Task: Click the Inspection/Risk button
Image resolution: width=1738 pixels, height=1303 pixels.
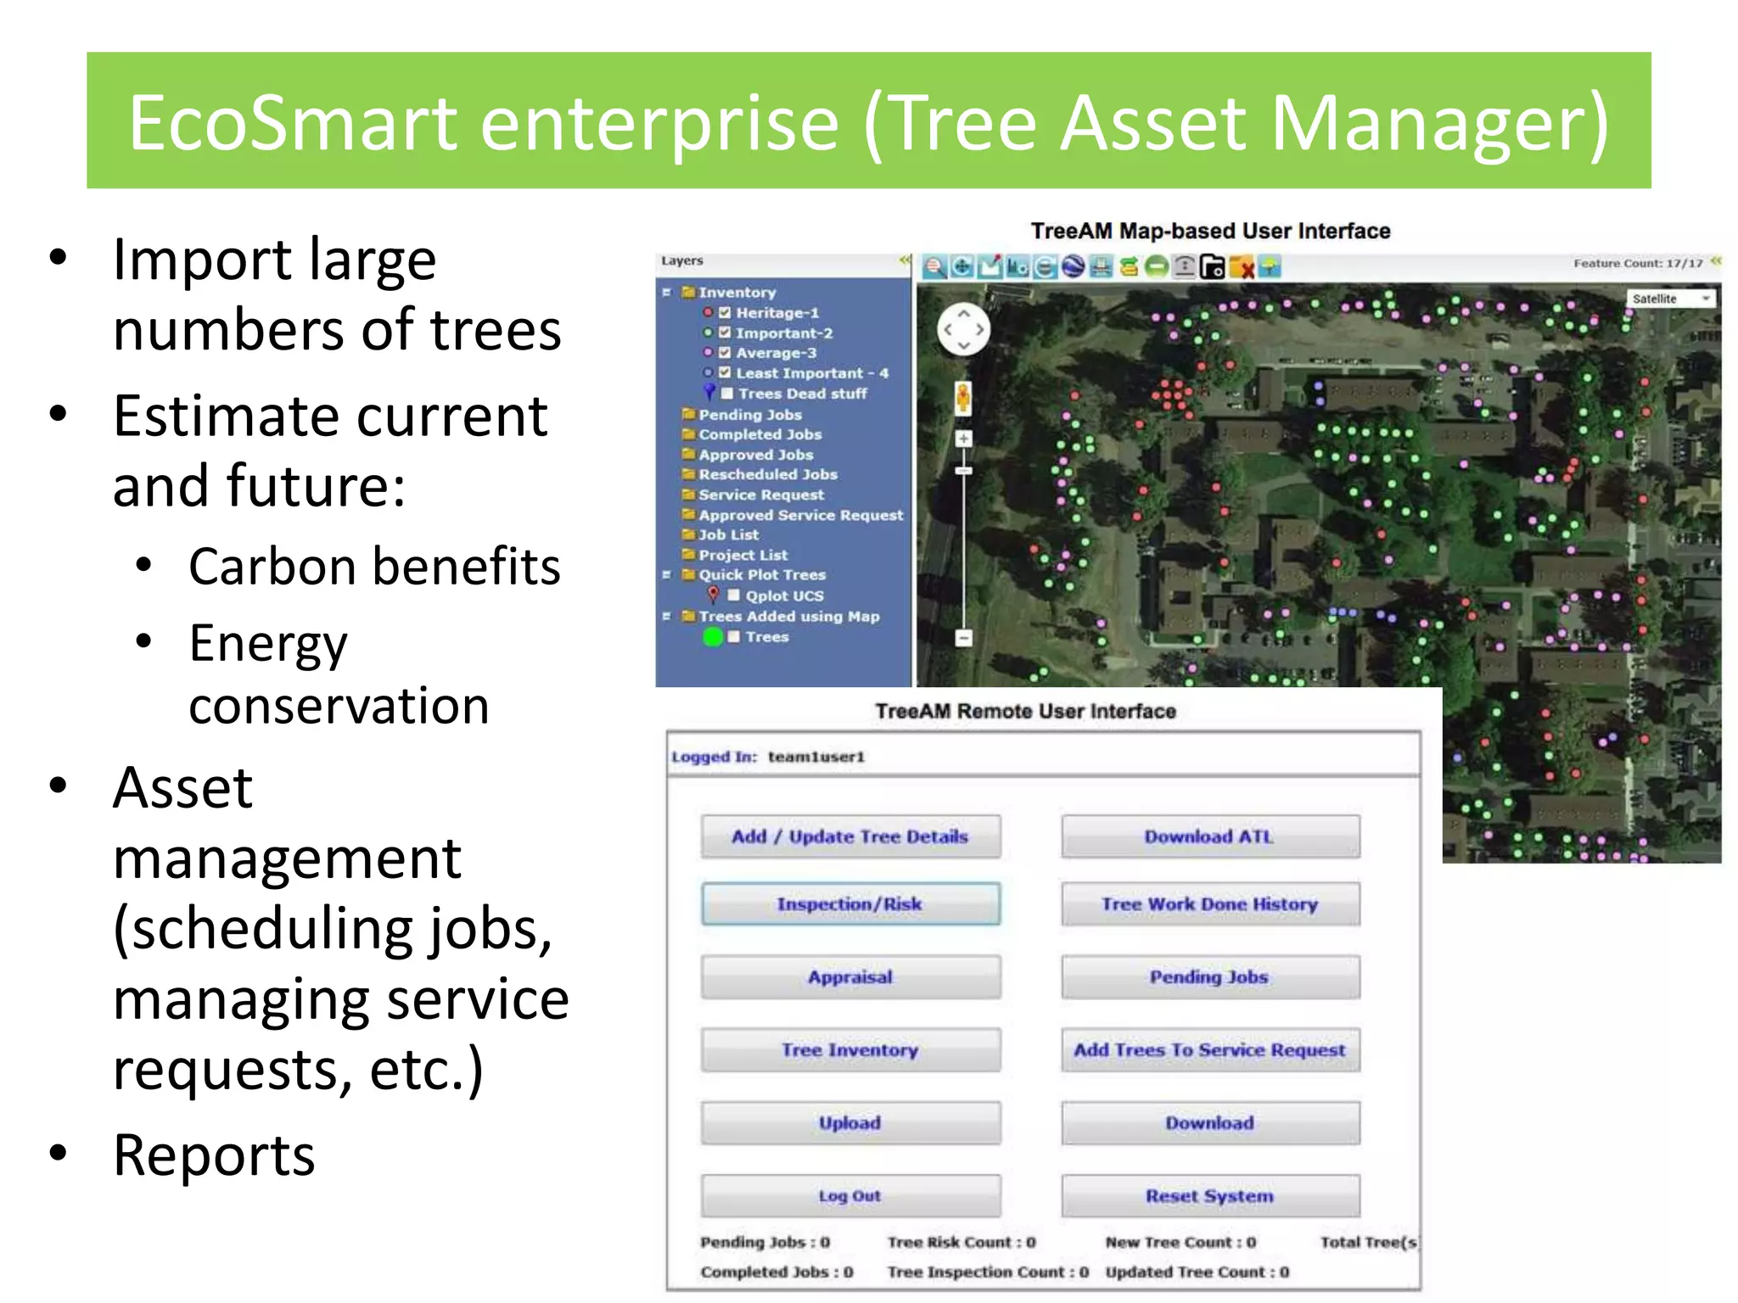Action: pyautogui.click(x=850, y=903)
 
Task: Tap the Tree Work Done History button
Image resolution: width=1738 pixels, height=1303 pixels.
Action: pyautogui.click(x=1209, y=903)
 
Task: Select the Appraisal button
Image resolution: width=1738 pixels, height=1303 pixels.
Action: pyautogui.click(x=850, y=976)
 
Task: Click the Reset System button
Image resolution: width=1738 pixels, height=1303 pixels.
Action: pyautogui.click(x=1209, y=1195)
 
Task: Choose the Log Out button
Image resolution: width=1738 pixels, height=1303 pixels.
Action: pyautogui.click(x=850, y=1195)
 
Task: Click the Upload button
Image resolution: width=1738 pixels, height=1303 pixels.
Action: pyautogui.click(x=850, y=1122)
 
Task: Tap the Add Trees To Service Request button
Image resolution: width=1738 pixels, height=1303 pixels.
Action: pyautogui.click(x=1209, y=1049)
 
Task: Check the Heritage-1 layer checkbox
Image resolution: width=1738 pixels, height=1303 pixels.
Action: pyautogui.click(x=725, y=312)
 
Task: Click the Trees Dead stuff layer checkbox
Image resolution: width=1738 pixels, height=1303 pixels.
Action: pyautogui.click(x=727, y=393)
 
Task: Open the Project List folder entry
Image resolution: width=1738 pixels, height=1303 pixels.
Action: pyautogui.click(x=743, y=555)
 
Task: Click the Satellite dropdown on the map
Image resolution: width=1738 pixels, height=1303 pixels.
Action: pyautogui.click(x=1670, y=299)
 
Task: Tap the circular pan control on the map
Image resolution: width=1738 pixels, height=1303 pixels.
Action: pyautogui.click(x=963, y=329)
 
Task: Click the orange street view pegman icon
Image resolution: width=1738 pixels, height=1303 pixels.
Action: pyautogui.click(x=963, y=397)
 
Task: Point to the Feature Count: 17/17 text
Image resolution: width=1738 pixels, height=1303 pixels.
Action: pyautogui.click(x=1637, y=263)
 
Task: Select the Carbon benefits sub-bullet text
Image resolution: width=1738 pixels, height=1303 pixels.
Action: pyautogui.click(x=374, y=567)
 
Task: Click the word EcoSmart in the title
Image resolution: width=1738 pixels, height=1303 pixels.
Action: pyautogui.click(x=292, y=123)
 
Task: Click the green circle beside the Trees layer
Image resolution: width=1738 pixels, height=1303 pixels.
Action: pyautogui.click(x=713, y=636)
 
